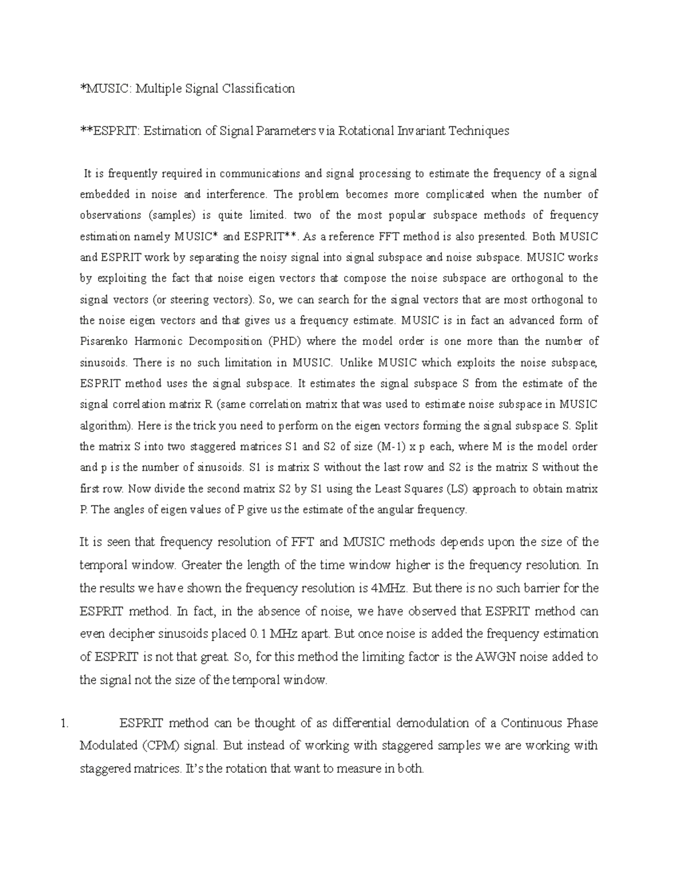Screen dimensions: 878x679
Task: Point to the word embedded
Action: [x=105, y=194]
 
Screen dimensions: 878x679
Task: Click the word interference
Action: [x=238, y=194]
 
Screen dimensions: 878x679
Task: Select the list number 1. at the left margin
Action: [x=63, y=723]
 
